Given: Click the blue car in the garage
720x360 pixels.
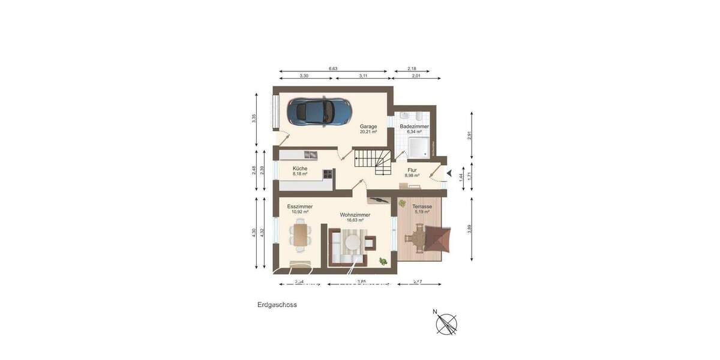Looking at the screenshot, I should (319, 110).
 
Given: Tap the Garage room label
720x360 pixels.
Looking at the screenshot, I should (368, 127).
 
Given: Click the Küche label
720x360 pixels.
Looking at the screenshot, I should (300, 169).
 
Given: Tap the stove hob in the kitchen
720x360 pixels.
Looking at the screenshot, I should (328, 175).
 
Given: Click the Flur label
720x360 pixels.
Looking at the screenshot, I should (412, 170).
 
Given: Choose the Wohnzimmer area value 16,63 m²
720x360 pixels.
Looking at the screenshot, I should (355, 220).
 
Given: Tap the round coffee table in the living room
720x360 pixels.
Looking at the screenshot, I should (352, 242).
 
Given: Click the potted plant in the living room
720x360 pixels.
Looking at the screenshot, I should (382, 261).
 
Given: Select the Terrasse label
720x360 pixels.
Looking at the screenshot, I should (422, 206).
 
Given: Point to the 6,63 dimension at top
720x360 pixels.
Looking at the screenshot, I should (332, 69).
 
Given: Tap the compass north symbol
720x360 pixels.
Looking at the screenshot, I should (446, 323).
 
